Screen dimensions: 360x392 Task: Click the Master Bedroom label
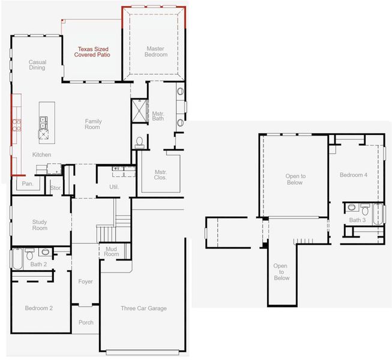[x=156, y=51]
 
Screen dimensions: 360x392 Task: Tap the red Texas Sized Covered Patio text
[x=92, y=52]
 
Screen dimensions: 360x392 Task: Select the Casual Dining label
[x=37, y=65]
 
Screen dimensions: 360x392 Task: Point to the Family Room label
[x=92, y=124]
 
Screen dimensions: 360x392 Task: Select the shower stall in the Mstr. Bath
[x=139, y=111]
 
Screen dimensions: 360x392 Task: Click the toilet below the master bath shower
[x=140, y=142]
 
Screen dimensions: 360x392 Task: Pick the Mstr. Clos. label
[x=160, y=174]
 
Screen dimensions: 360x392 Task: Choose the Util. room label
[x=114, y=187]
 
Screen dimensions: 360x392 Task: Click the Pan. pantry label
[x=28, y=184]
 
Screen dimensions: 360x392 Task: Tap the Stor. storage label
[x=56, y=187]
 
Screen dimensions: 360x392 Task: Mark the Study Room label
[x=40, y=225]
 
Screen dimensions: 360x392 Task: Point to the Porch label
[x=86, y=322]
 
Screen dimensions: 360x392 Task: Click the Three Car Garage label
[x=143, y=308]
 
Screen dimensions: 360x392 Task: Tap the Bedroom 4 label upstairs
[x=354, y=175]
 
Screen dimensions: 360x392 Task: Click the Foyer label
[x=86, y=281]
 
